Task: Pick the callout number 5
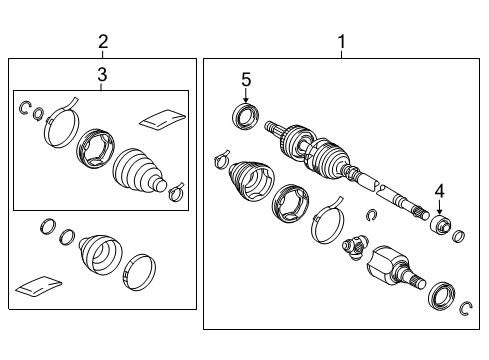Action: tap(247, 77)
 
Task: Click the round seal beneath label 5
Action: tap(246, 116)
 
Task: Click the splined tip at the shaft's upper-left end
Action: tap(271, 128)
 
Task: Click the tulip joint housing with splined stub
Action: tap(392, 268)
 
